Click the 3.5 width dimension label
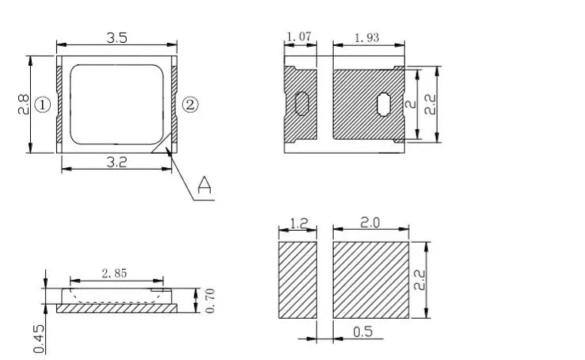tap(117, 38)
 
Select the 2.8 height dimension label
tap(23, 104)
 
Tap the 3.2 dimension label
tap(117, 163)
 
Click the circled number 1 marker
tap(42, 105)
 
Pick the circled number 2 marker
tap(190, 105)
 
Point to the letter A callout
tap(204, 185)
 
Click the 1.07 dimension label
tap(299, 36)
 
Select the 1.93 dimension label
tap(366, 38)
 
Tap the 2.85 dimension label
tap(114, 274)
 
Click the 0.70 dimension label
tap(210, 301)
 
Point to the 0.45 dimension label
tap(39, 339)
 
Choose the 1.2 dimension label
tap(299, 223)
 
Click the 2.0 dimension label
tap(370, 223)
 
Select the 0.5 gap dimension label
tap(362, 331)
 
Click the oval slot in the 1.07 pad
tap(302, 104)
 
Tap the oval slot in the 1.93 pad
tap(384, 105)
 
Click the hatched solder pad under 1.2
tap(298, 280)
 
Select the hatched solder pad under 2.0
tap(371, 280)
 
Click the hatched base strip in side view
tap(117, 308)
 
